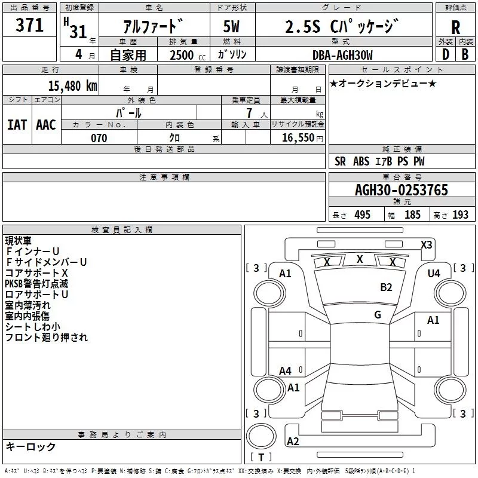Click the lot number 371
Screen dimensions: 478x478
29,25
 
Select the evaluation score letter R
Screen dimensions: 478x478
456,27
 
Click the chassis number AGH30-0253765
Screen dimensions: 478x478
401,190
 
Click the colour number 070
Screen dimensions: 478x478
99,138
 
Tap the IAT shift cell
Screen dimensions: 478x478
17,124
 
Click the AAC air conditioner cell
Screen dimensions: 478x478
46,124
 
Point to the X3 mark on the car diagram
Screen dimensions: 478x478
426,244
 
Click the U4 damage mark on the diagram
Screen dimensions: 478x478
433,273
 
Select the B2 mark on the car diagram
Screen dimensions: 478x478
386,287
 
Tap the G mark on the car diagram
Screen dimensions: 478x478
378,314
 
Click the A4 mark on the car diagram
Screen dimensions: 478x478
286,371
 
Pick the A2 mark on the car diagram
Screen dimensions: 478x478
293,441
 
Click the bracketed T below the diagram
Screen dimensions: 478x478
261,458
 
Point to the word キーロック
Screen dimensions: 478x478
30,446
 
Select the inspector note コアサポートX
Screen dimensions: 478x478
36,272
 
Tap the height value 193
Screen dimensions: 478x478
460,215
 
